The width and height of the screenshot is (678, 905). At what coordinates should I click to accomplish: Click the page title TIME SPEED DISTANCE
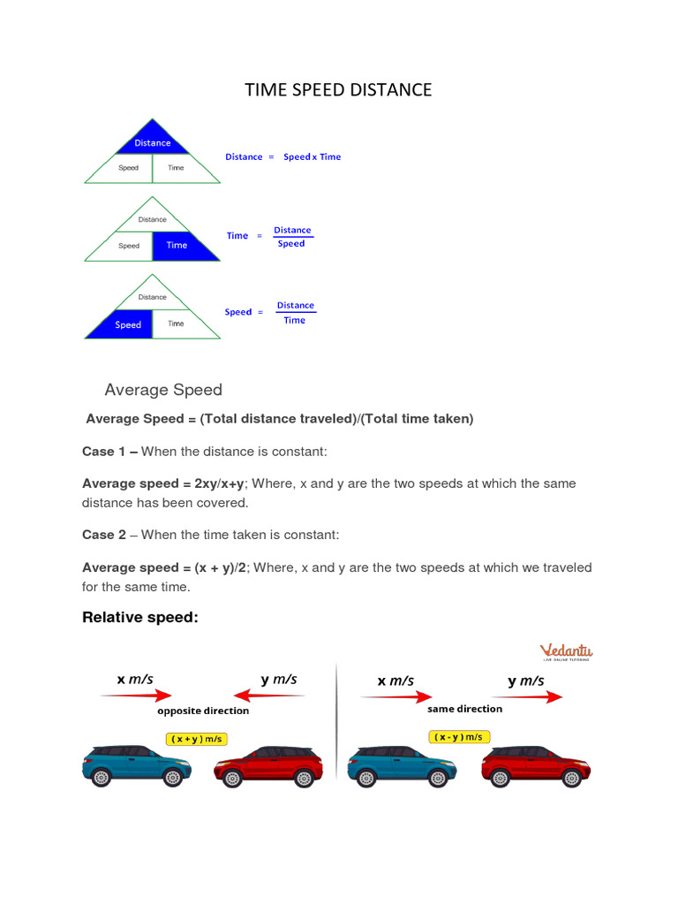[x=338, y=89]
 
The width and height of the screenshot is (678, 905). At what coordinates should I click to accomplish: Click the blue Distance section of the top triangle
[x=153, y=141]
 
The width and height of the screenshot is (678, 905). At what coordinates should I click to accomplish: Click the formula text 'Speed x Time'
[x=312, y=157]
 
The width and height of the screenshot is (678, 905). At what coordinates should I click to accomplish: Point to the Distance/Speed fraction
[x=292, y=237]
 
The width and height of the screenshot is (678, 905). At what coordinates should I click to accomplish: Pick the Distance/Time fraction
[x=295, y=313]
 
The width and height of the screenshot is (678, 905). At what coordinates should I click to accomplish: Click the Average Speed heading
[x=163, y=390]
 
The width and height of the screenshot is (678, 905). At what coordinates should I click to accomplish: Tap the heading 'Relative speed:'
[x=140, y=617]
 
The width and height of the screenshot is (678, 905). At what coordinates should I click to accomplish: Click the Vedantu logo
[x=566, y=652]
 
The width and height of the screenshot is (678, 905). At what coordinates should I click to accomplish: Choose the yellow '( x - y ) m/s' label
[x=459, y=736]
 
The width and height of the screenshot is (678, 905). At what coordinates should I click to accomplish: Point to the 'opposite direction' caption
[x=203, y=711]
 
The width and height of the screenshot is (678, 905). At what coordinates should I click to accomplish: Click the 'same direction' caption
[x=464, y=709]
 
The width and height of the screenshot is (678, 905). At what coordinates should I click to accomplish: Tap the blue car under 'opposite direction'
[x=137, y=764]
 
